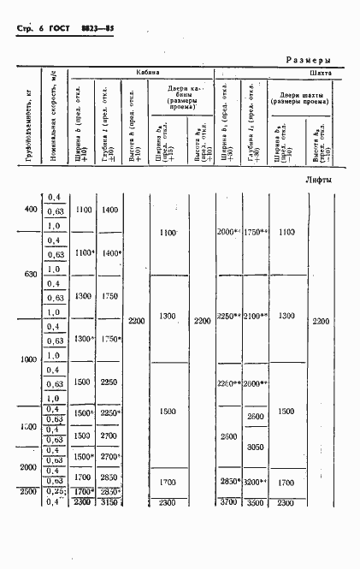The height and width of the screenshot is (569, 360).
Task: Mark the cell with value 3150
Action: [x=109, y=502]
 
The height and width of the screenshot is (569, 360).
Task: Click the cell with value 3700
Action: [x=227, y=502]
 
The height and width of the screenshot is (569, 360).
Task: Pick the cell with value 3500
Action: [x=256, y=502]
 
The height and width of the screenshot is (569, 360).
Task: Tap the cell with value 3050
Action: [x=256, y=447]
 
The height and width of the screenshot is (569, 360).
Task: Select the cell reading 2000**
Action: [x=229, y=233]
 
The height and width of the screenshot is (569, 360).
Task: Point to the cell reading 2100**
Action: [x=257, y=316]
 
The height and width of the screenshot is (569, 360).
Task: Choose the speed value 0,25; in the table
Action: [x=56, y=492]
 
